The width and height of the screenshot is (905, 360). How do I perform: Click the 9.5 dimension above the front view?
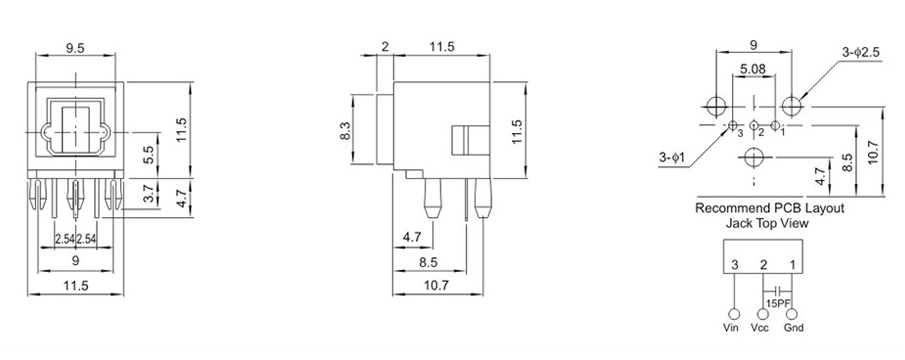tap(76, 48)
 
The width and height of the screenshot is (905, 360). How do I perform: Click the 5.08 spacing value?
tap(753, 69)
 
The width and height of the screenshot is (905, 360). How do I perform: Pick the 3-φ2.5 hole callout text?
tap(861, 52)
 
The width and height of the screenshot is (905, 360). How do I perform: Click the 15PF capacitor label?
tap(777, 303)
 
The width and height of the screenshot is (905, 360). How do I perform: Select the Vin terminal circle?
tap(735, 314)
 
